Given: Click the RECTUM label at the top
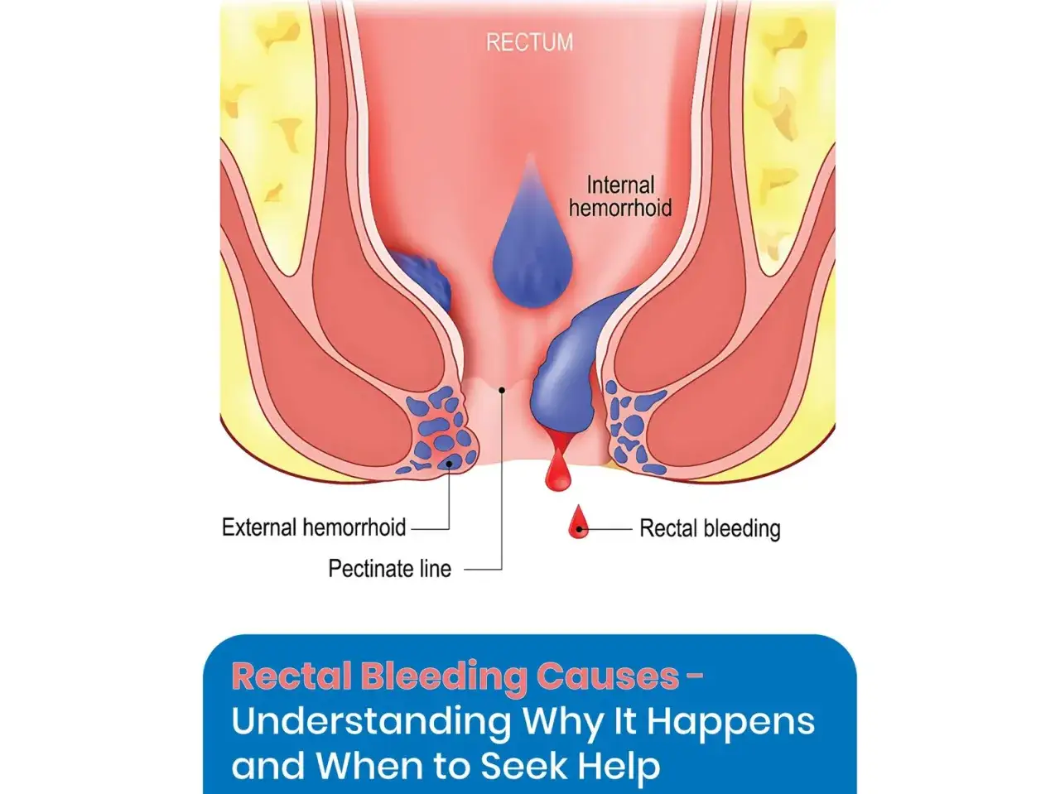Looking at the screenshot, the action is (x=529, y=42).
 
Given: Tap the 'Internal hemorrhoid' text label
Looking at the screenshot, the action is (x=620, y=197).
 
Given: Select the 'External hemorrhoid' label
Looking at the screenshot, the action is (x=314, y=527).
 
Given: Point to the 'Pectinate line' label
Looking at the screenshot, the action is (x=390, y=569).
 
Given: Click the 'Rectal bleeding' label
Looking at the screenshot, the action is (x=710, y=528).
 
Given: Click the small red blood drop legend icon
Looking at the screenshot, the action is (x=579, y=522).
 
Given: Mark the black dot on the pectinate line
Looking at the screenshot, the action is (x=502, y=390).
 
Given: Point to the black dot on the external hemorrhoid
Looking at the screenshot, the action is (x=449, y=464).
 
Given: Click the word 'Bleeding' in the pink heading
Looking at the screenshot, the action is (x=444, y=678).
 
